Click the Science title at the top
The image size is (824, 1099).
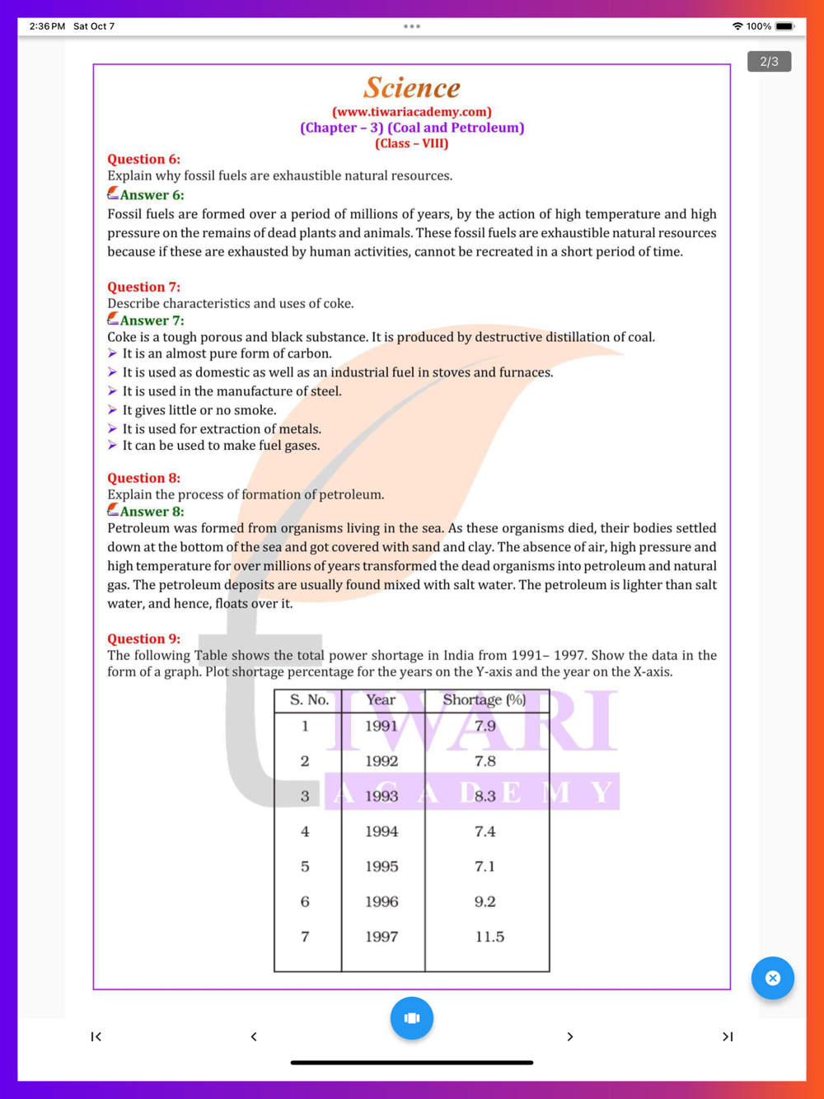click(x=412, y=87)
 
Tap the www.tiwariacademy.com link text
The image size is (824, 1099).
click(x=412, y=112)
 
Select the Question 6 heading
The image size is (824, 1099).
click(x=143, y=159)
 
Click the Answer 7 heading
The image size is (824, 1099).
click(x=152, y=320)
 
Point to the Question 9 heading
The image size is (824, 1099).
click(x=143, y=638)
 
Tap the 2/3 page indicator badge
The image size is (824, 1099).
click(x=769, y=62)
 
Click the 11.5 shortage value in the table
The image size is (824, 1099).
click(x=489, y=937)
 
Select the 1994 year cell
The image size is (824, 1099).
click(x=382, y=831)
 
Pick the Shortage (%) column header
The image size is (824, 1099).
click(x=484, y=699)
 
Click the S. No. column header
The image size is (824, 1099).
click(x=309, y=699)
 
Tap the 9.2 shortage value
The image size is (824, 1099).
click(x=485, y=902)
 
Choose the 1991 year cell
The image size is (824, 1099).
click(x=382, y=726)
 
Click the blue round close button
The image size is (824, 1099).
click(x=772, y=978)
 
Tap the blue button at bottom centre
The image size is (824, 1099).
click(x=412, y=1018)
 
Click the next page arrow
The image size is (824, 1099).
click(x=569, y=1036)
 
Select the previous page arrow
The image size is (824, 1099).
click(x=254, y=1036)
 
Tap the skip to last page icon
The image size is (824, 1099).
click(x=728, y=1036)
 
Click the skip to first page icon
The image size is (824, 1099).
click(x=96, y=1036)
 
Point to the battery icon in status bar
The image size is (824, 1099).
click(x=784, y=26)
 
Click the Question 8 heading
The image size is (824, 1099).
click(x=143, y=478)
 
